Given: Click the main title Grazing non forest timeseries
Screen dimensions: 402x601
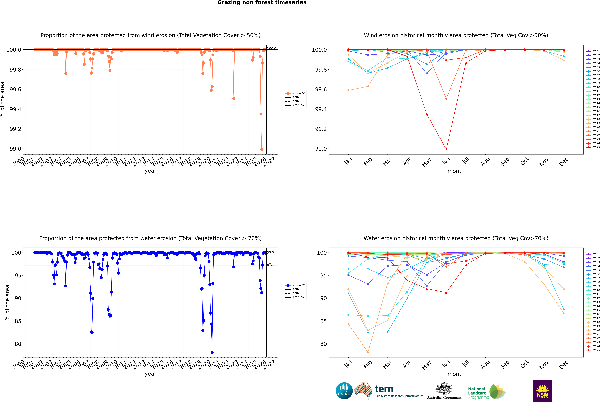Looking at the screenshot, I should pos(262,3).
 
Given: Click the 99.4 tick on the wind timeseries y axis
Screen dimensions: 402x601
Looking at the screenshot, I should pos(15,109).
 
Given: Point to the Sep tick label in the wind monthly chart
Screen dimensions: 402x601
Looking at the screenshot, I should pos(505,161).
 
